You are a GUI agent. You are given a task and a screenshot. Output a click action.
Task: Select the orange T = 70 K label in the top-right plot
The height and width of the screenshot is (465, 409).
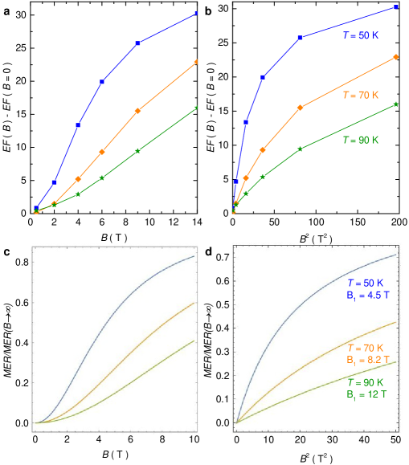coord(359,96)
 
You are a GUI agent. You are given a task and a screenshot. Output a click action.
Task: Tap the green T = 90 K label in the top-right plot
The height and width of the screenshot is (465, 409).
coord(359,140)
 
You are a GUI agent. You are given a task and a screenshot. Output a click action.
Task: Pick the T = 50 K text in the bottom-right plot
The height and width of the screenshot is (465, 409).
coord(366,283)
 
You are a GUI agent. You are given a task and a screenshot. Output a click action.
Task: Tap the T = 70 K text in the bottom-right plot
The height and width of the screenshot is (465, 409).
coord(366,348)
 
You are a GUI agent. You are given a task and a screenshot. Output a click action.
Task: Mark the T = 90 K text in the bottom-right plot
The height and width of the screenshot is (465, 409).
coord(366,383)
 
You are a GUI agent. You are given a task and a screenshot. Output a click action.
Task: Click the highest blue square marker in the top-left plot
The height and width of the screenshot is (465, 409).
coord(196,14)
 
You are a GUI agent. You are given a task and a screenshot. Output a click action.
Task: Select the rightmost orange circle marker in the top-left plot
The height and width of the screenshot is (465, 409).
coord(196,61)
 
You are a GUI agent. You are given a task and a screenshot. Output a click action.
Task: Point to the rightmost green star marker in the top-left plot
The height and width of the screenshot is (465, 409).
coord(196,108)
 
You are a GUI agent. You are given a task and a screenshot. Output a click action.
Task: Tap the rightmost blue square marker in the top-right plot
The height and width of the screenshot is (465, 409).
coord(396,7)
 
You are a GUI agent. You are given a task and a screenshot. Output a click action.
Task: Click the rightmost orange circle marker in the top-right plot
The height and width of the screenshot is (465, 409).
coord(396,57)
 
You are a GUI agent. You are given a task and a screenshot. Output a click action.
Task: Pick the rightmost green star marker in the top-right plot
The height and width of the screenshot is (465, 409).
coord(396,104)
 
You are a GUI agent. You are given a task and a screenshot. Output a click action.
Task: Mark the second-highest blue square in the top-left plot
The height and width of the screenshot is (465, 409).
coord(138,43)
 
